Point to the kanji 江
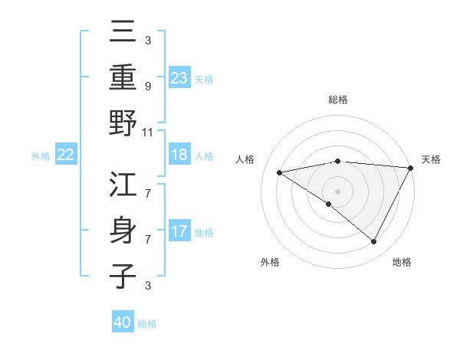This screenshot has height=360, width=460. point(123,185)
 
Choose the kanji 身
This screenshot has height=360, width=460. point(123,231)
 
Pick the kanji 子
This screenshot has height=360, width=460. point(123,276)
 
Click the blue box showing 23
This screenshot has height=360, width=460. point(179,78)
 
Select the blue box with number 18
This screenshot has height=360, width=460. point(179,155)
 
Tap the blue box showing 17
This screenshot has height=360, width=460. point(179,231)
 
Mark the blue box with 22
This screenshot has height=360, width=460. point(66,155)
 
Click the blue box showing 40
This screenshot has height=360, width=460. point(123,322)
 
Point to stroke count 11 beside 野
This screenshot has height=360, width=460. point(149,132)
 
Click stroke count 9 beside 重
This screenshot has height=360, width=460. point(147,86)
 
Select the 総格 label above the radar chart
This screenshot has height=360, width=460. point(337,100)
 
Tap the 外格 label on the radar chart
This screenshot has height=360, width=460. point(270,263)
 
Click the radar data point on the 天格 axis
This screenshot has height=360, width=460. point(411,169)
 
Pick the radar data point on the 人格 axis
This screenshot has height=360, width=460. point(280,172)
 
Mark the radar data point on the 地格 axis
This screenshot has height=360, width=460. point(374,242)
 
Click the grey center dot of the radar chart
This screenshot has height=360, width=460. point(337,190)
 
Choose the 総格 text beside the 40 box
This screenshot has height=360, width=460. point(147,324)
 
